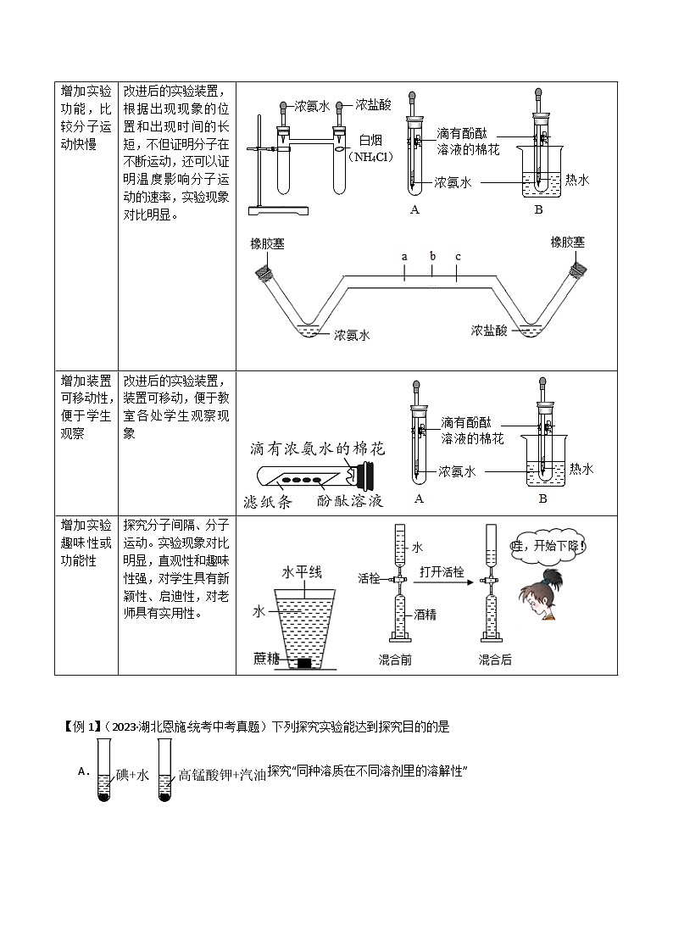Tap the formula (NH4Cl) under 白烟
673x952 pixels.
tap(372, 157)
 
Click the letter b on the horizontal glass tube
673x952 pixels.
tap(432, 256)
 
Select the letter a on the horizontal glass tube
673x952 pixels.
tap(404, 256)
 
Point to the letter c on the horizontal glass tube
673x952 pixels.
tap(458, 256)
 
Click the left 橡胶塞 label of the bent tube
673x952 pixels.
tap(267, 244)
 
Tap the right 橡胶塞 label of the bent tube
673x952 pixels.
tap(567, 242)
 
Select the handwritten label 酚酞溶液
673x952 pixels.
tap(349, 502)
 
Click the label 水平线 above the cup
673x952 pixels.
tap(302, 573)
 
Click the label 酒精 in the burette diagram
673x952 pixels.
tap(425, 615)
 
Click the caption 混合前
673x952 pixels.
tap(396, 660)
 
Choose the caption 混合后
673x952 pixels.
tap(495, 660)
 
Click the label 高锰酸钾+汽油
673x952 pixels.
tap(222, 774)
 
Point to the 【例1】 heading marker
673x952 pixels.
tap(81, 727)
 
